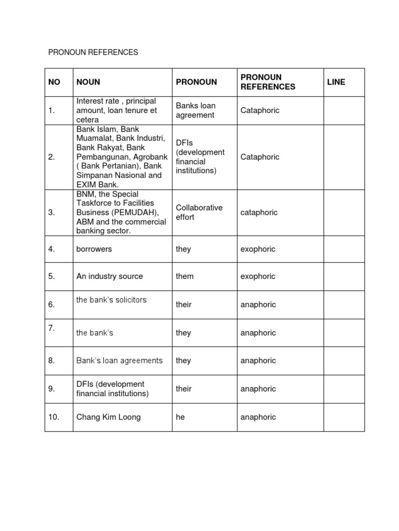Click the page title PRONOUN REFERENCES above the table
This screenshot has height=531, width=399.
coord(93,52)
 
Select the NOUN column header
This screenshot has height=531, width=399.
coord(88,82)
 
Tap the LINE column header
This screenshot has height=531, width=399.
coord(336,82)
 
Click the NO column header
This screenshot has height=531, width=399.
coord(54,82)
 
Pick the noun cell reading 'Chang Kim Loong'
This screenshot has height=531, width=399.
coord(108,417)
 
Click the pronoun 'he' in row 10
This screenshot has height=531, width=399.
coord(180,417)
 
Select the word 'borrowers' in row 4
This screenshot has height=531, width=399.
coord(94,249)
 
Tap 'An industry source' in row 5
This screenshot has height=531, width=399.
coord(110,276)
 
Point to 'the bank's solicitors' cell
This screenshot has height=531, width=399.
coord(111,300)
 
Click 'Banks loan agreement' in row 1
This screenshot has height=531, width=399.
coord(195,110)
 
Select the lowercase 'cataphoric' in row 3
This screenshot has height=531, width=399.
coord(259,212)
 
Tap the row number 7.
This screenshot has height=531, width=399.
coord(51,328)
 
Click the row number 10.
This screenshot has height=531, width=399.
coord(54,417)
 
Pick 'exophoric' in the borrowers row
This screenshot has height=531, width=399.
coord(258,249)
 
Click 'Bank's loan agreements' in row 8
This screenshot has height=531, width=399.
coord(119,360)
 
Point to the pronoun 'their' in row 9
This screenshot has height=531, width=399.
coord(183,388)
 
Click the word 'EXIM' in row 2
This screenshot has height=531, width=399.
coord(87,185)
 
